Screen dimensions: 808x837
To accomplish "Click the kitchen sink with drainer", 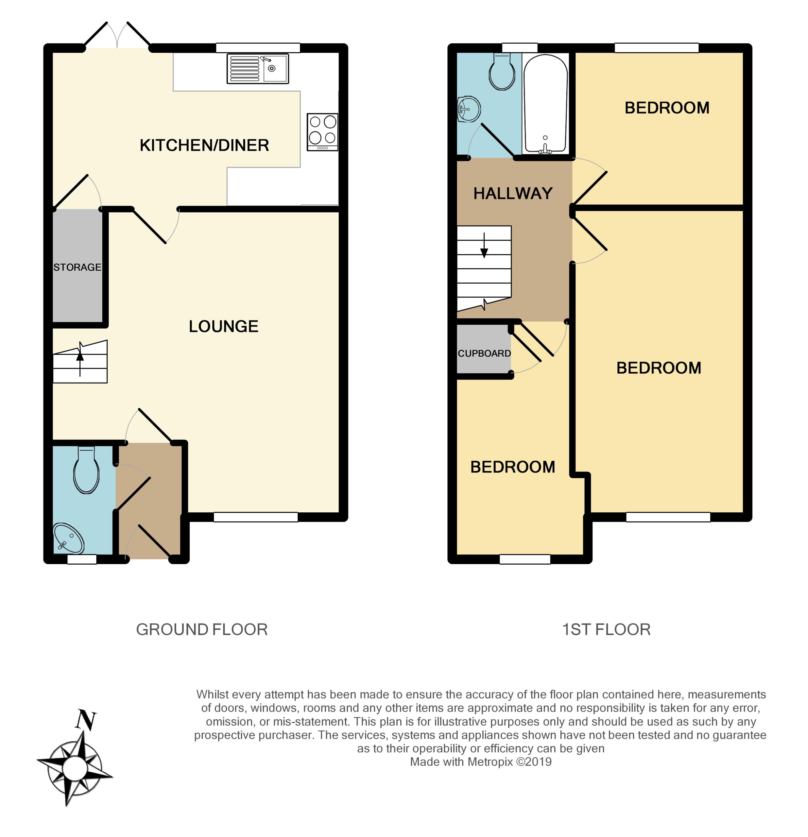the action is pos(258,68).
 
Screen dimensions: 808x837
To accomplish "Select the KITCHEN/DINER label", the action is pos(204,145).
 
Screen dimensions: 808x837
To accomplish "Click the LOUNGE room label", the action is pos(223,326).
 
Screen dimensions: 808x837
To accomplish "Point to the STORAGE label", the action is pos(77,267).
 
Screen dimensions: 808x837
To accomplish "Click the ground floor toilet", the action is pos(86,470).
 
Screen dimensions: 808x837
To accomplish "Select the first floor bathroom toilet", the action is pos(502,71).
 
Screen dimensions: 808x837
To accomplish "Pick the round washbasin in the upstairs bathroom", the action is pos(469,109).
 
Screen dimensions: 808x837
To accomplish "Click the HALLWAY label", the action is pos(513,194).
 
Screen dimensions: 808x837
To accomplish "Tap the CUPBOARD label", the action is pos(484,353).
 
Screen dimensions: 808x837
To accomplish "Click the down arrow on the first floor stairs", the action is pos(484,246).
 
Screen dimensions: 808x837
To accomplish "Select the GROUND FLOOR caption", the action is pos(201,629).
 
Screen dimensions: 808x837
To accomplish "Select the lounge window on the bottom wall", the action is pos(255,517).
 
